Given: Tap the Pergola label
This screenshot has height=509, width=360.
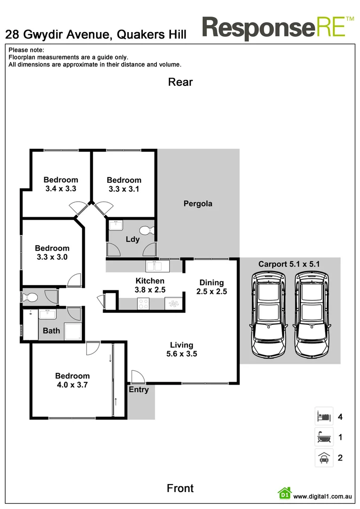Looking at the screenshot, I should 197,204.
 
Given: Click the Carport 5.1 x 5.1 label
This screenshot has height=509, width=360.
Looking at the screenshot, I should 289,264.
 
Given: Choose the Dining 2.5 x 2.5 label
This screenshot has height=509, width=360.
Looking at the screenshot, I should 212,287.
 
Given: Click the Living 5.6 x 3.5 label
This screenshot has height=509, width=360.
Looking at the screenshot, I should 181,349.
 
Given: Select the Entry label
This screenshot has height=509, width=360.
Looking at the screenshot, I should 139,389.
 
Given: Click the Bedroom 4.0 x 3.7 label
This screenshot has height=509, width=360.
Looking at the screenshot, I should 72,380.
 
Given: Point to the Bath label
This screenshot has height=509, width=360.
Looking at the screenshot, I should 51,330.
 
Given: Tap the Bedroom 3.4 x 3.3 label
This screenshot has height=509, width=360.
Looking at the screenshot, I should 61,184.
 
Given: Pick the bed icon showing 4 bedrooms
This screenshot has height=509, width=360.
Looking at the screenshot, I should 324,417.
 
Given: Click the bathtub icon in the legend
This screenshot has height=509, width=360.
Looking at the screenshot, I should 324,437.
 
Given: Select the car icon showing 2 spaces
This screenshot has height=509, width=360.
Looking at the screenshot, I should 324,458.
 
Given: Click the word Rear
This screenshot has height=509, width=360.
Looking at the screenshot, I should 180,82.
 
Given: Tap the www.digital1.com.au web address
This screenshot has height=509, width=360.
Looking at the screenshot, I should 323,496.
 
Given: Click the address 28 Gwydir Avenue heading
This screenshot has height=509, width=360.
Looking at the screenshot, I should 96,34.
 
